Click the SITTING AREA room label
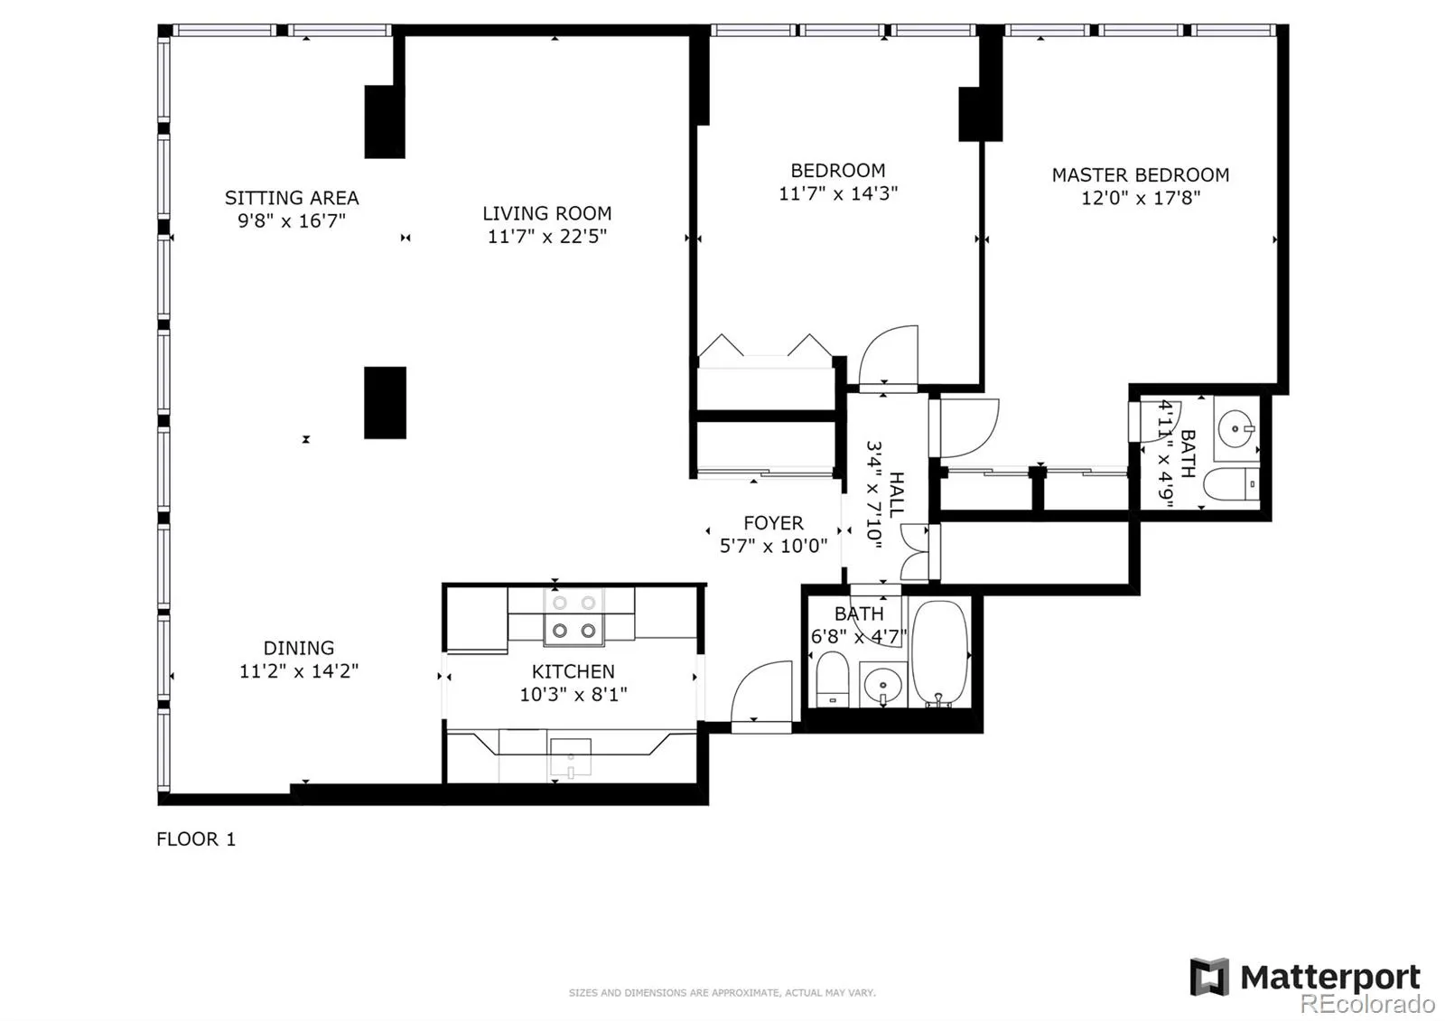point(292,198)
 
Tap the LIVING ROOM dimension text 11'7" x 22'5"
point(547,236)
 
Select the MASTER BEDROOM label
point(1141,175)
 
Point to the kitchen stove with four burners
point(574,617)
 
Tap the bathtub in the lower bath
point(940,653)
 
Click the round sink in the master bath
point(1235,428)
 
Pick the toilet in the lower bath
point(832,679)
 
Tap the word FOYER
point(773,523)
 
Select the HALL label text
point(896,494)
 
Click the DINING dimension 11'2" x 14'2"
point(299,671)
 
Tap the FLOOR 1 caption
point(196,839)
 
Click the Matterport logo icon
point(1209,977)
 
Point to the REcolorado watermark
point(1367,1004)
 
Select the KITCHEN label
point(573,672)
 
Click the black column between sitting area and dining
point(385,403)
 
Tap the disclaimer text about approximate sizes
point(722,993)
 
